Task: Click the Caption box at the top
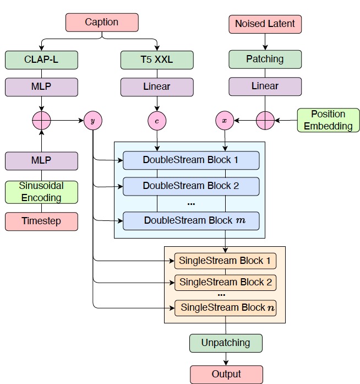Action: [102, 23]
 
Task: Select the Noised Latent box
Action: [265, 24]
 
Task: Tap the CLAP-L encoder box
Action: [42, 60]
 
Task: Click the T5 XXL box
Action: [157, 60]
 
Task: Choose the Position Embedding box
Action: [328, 120]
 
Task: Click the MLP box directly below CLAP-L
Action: [42, 86]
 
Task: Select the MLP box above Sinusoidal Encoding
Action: [42, 161]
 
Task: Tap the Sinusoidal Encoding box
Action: [42, 192]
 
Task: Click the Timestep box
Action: [42, 221]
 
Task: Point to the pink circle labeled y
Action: [92, 120]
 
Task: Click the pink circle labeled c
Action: [157, 120]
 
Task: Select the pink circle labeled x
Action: [225, 120]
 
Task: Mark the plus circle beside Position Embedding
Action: [265, 120]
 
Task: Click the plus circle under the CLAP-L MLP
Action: [42, 120]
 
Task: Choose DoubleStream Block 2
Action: [191, 186]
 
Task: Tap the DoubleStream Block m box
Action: [191, 220]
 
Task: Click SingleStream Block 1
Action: [225, 260]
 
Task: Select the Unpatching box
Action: [226, 343]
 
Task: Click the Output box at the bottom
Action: [226, 374]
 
